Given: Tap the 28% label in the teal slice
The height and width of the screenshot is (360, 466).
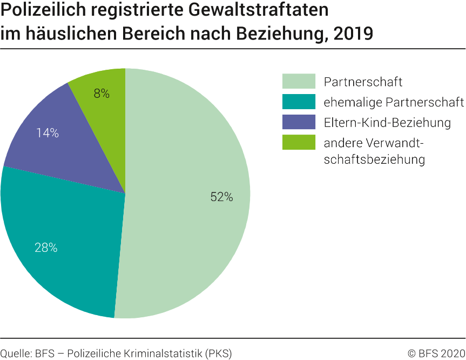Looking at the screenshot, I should click(46, 248).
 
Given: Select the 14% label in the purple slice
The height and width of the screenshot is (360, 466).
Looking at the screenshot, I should click(48, 133).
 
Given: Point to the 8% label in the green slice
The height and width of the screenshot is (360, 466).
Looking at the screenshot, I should click(102, 94).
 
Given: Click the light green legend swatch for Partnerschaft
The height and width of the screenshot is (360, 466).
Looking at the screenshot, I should click(299, 82).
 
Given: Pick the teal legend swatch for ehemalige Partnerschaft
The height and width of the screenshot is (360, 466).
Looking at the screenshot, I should click(299, 102).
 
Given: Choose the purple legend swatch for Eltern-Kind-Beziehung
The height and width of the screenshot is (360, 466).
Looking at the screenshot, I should click(299, 122).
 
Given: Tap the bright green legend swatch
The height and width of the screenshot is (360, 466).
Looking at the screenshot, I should click(299, 143).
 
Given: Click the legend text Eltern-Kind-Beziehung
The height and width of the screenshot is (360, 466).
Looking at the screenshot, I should click(387, 123).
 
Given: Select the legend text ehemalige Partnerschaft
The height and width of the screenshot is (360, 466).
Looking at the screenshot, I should click(394, 102).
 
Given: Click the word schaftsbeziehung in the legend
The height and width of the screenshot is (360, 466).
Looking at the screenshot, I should click(374, 160).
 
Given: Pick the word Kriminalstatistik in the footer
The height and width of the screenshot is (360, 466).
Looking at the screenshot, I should click(153, 354).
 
